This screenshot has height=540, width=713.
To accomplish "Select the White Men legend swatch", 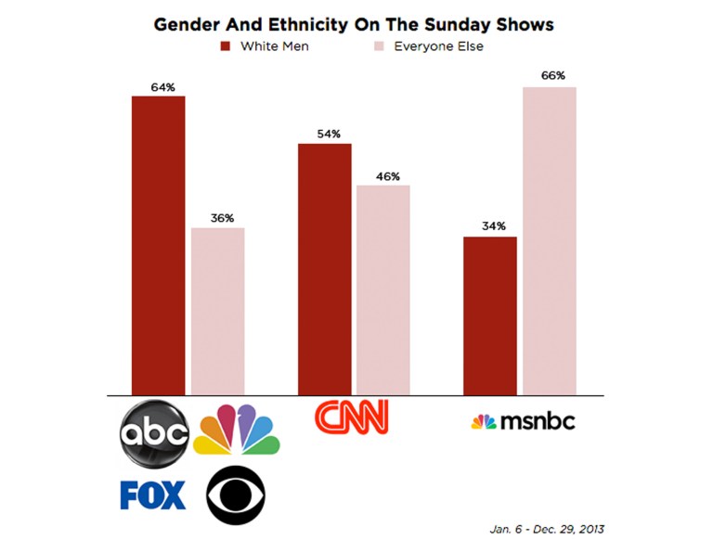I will [225, 45].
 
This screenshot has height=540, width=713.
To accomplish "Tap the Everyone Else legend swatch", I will [379, 45].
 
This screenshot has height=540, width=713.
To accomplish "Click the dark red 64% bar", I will [159, 245].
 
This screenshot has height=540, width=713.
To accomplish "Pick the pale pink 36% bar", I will [218, 311].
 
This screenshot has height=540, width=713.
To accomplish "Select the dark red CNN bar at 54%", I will [324, 269].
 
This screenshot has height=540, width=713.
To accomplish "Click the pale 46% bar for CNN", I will [383, 289].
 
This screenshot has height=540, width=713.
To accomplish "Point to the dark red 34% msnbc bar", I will [489, 315].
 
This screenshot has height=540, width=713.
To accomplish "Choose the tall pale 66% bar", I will [550, 240].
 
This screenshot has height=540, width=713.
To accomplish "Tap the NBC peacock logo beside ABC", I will [236, 430].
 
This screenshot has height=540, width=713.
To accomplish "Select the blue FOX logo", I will [153, 495].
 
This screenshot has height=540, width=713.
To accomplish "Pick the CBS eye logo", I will [236, 495].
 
